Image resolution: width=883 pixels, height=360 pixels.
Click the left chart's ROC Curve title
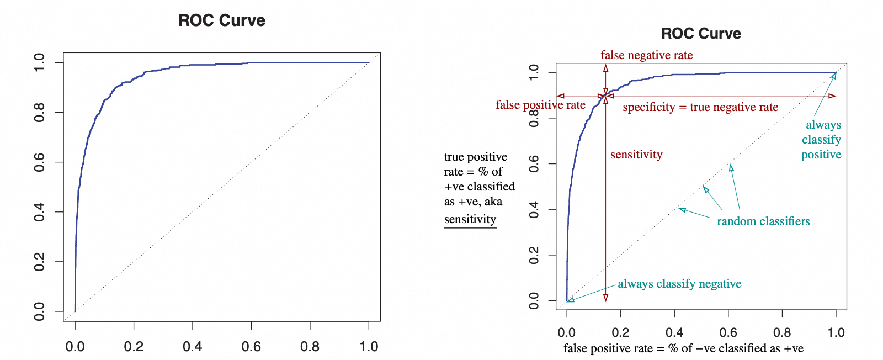click(x=221, y=20)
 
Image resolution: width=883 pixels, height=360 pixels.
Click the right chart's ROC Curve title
click(x=701, y=34)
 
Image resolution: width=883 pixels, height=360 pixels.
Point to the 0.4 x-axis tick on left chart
click(x=193, y=346)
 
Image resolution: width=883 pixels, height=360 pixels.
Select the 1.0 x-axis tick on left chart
click(x=369, y=346)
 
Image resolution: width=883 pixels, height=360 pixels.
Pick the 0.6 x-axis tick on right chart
click(x=728, y=332)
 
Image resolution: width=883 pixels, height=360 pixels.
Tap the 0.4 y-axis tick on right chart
click(x=534, y=210)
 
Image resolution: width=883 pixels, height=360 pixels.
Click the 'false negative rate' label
click(x=646, y=55)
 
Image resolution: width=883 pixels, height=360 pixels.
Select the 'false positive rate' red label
click(x=540, y=105)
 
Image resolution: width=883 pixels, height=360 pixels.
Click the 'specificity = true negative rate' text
click(x=700, y=107)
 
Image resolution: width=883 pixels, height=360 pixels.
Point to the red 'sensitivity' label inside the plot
click(x=636, y=155)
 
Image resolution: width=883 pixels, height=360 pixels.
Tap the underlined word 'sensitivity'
click(x=470, y=219)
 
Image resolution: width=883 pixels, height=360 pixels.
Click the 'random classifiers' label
click(x=763, y=221)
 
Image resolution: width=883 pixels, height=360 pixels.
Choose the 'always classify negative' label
click(x=679, y=284)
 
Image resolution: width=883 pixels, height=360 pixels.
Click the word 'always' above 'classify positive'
click(x=823, y=125)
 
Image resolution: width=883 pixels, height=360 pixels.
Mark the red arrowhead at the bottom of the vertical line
click(x=605, y=298)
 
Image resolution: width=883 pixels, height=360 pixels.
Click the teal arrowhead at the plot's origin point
click(x=571, y=300)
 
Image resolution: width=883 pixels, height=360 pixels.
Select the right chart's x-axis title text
click(x=683, y=348)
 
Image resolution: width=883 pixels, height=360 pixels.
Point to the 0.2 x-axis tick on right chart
click(x=620, y=332)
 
